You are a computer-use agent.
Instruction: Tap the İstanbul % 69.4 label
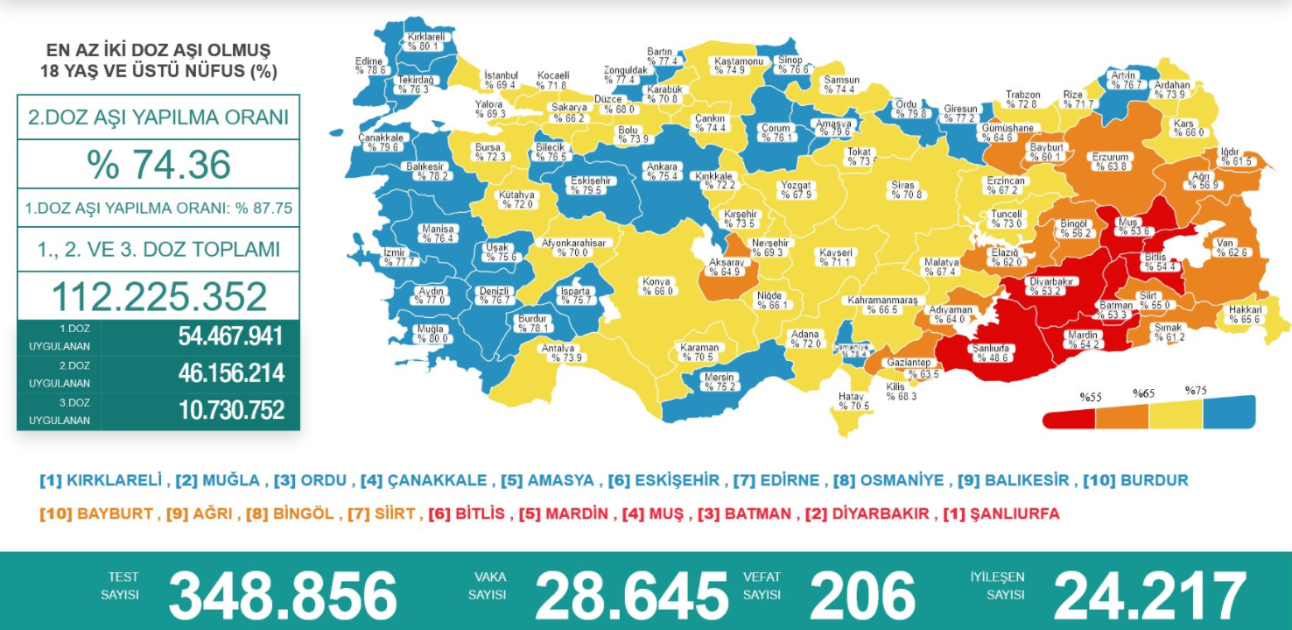(500, 81)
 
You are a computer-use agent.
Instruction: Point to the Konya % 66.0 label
(657, 287)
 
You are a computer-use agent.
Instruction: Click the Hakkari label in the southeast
(1245, 315)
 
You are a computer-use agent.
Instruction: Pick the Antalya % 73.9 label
(563, 353)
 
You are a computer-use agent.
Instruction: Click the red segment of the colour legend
(1069, 418)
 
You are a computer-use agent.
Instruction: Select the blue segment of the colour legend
(1228, 412)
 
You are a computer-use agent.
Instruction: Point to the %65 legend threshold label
(1143, 394)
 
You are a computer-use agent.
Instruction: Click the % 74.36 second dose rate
(158, 165)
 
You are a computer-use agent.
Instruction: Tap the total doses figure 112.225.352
(158, 297)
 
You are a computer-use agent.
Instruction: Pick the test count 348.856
(283, 595)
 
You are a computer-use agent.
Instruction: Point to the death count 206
(862, 595)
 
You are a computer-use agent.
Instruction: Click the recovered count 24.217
(1149, 595)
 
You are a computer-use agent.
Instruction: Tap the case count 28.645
(631, 595)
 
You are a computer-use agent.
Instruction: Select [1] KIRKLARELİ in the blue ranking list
(102, 480)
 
